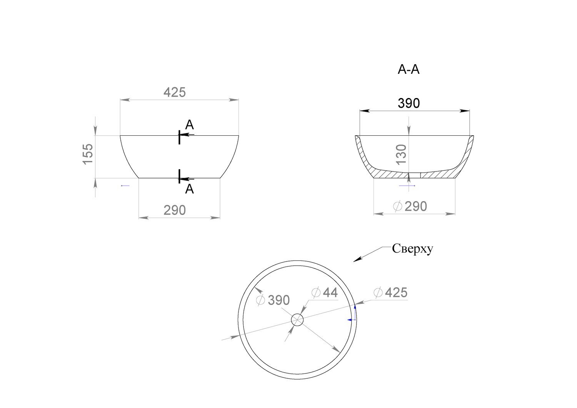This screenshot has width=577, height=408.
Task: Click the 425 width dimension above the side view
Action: click(x=175, y=93)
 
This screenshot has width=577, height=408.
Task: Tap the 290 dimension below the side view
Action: click(x=175, y=210)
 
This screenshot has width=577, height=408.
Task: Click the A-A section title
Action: click(x=408, y=70)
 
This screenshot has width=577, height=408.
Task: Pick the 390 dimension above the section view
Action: click(x=408, y=103)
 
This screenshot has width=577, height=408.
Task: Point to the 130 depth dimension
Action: click(x=401, y=155)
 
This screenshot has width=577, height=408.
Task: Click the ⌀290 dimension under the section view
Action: click(x=410, y=206)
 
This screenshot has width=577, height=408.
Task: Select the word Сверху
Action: click(x=412, y=249)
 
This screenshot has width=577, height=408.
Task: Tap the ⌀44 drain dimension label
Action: click(x=325, y=293)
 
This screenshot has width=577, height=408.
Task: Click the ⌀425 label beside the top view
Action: click(x=390, y=293)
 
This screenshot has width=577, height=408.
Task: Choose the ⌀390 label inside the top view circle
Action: click(x=273, y=300)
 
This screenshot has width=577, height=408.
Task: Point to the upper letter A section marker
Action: click(x=189, y=125)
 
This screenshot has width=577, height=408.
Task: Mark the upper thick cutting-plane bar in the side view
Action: click(x=179, y=137)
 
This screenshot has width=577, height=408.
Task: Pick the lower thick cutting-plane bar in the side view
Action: click(x=179, y=176)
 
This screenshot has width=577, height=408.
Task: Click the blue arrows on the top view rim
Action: click(x=353, y=315)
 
